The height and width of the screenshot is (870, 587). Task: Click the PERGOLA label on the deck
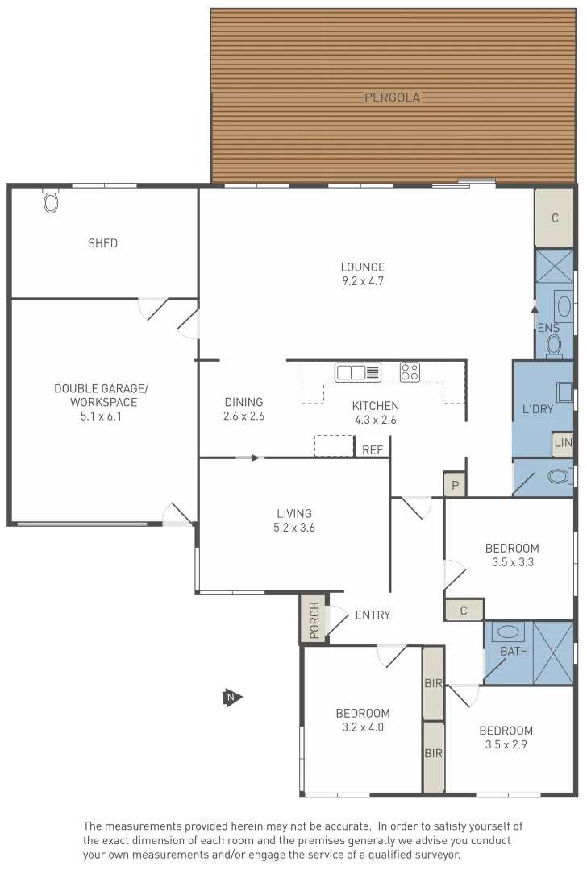click(x=393, y=97)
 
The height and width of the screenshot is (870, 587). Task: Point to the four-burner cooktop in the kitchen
click(x=410, y=372)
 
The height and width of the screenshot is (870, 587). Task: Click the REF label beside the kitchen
click(x=373, y=450)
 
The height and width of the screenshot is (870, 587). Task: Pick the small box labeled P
click(x=455, y=485)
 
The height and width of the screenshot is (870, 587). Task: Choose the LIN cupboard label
click(x=562, y=444)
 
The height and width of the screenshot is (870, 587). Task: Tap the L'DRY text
click(x=538, y=409)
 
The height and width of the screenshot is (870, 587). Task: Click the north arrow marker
click(x=232, y=697)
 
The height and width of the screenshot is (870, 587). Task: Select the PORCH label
click(x=314, y=619)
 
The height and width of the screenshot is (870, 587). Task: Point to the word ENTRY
click(x=373, y=615)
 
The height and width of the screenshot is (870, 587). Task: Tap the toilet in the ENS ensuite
click(x=554, y=345)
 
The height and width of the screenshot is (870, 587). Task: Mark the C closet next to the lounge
click(x=555, y=218)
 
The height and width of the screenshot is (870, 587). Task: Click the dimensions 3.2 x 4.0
click(x=363, y=727)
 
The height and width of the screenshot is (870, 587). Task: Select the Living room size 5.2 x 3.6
click(x=294, y=528)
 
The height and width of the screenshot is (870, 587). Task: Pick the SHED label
click(x=102, y=243)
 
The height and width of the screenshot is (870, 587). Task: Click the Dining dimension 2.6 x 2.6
click(x=244, y=416)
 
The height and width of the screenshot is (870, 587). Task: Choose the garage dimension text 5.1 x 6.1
click(x=102, y=416)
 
